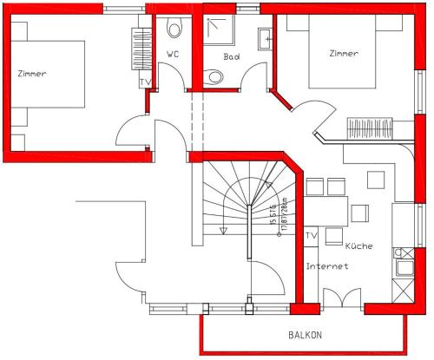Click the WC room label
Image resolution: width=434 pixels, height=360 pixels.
pos(172,54)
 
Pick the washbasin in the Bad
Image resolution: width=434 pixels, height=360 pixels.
pos(264,39)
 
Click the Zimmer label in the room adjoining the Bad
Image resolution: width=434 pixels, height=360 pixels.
pos(344,53)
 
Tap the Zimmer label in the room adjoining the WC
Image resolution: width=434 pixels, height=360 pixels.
pos(31,73)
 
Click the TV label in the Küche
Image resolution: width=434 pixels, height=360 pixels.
pos(312,236)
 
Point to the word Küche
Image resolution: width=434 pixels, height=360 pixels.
pos(358,245)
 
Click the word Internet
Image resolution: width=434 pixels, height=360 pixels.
pos(327,266)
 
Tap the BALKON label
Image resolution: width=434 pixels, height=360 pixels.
pos(305,335)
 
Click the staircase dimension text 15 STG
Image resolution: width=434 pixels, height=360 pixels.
pos(273,213)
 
